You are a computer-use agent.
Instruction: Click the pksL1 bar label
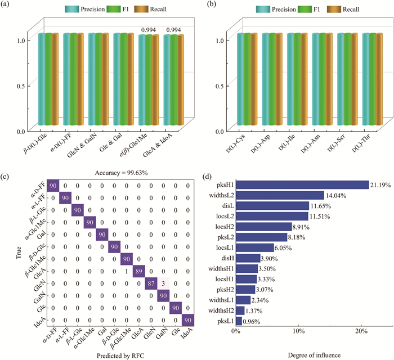(224, 321)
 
